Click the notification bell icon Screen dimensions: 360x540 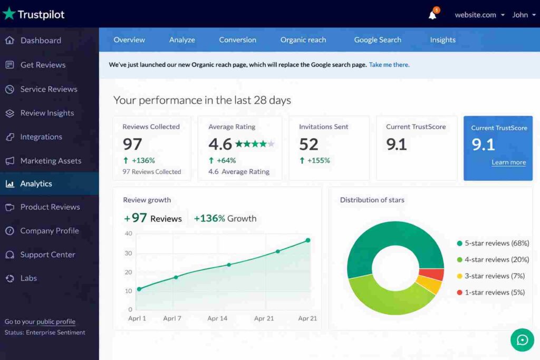(x=432, y=15)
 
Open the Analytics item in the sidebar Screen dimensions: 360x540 (x=36, y=183)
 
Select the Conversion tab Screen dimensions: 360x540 (x=237, y=40)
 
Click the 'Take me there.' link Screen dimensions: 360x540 (x=389, y=65)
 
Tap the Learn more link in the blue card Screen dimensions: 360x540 (x=508, y=162)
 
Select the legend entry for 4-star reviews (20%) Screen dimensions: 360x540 (x=493, y=259)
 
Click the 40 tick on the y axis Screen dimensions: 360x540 (x=128, y=233)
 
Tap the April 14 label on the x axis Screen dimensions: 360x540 (x=217, y=318)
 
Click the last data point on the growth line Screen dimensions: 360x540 (x=308, y=240)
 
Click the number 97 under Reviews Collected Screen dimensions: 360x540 (x=132, y=144)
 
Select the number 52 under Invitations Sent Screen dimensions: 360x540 (x=308, y=144)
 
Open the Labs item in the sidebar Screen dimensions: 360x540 (x=28, y=278)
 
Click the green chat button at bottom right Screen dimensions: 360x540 (x=522, y=340)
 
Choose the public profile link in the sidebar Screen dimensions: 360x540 (x=55, y=322)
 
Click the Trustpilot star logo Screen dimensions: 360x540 (x=9, y=14)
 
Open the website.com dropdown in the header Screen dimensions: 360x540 (x=479, y=15)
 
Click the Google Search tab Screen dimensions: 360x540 (x=378, y=40)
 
